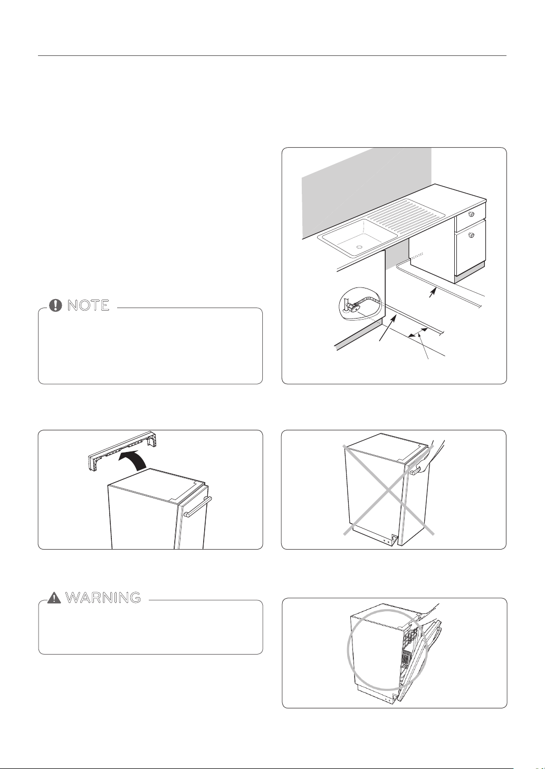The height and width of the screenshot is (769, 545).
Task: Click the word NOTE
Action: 89,305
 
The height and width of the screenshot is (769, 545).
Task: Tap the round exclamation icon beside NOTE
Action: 55,305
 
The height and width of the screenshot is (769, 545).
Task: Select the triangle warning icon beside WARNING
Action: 54,598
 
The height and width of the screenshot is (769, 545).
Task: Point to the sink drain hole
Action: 359,247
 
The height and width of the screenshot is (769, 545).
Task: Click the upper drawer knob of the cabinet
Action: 471,214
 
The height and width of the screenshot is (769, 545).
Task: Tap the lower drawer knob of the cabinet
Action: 471,235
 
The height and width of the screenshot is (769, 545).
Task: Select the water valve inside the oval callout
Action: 351,305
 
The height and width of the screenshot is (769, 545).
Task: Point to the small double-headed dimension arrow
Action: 418,332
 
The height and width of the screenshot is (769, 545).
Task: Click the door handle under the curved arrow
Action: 198,507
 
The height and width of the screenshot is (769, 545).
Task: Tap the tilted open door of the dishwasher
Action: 419,661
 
